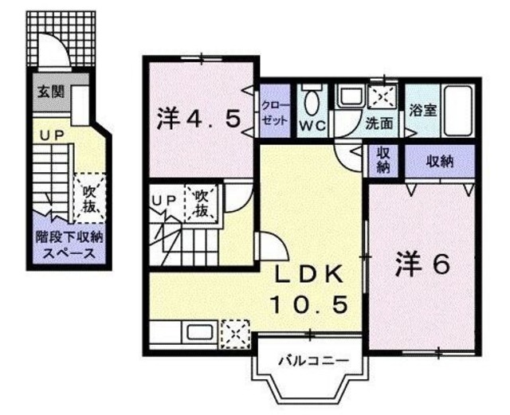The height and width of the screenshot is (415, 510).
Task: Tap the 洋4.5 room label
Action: point(198,119)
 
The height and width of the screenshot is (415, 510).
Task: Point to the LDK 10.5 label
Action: point(312,288)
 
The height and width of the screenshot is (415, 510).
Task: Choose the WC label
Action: point(311,125)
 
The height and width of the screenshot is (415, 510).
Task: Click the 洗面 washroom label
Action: point(379,125)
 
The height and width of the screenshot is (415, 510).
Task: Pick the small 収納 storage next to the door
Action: point(383,161)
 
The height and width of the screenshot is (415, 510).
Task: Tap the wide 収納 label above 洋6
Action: point(439,161)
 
